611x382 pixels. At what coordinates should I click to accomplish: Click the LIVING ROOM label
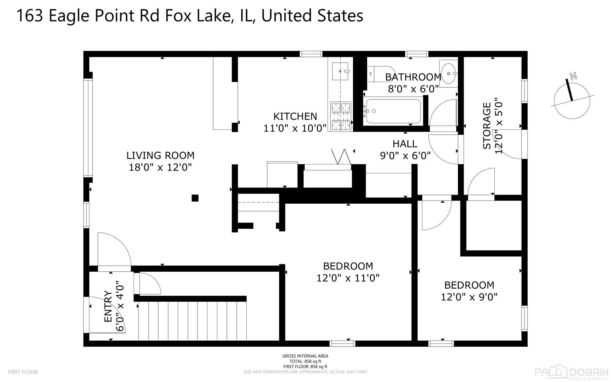click(160, 155)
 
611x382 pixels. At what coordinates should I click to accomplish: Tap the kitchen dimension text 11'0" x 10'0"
click(295, 128)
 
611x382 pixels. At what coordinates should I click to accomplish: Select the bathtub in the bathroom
click(393, 111)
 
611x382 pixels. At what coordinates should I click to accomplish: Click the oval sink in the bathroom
click(449, 74)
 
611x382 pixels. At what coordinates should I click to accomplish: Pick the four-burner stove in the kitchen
click(341, 116)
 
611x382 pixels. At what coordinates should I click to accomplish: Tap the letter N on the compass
click(573, 75)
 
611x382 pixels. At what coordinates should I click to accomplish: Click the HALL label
click(405, 144)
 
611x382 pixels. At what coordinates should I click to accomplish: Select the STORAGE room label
click(487, 126)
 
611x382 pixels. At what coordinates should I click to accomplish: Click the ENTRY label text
click(108, 306)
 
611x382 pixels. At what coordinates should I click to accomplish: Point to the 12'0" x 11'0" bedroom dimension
click(348, 278)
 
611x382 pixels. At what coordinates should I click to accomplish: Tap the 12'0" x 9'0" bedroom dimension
click(469, 297)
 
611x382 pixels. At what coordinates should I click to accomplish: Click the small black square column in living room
click(195, 198)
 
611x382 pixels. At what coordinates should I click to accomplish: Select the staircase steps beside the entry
click(193, 320)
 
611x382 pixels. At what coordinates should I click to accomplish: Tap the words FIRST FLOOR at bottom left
click(23, 372)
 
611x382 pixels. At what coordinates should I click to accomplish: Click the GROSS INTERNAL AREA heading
click(305, 356)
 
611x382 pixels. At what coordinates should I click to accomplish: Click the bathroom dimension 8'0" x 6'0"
click(413, 88)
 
